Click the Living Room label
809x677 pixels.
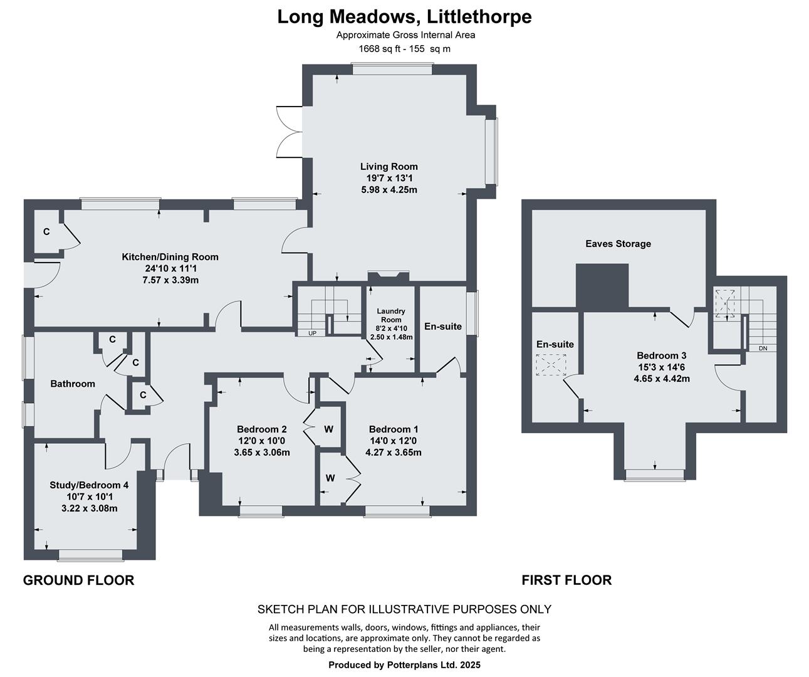pyautogui.click(x=389, y=166)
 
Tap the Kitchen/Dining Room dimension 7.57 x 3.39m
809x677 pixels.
pyautogui.click(x=169, y=280)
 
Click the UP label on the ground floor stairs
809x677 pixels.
pyautogui.click(x=311, y=333)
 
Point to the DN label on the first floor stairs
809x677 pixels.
pyautogui.click(x=763, y=348)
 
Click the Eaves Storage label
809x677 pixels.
pyautogui.click(x=618, y=244)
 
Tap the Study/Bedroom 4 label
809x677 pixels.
pyautogui.click(x=89, y=485)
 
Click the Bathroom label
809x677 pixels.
pyautogui.click(x=73, y=384)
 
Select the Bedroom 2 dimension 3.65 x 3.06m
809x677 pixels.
pyautogui.click(x=261, y=452)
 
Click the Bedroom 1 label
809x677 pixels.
pyautogui.click(x=393, y=429)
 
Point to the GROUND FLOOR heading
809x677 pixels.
pyautogui.click(x=78, y=580)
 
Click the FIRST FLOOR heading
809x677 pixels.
pyautogui.click(x=566, y=580)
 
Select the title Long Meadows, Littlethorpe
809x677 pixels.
pyautogui.click(x=404, y=16)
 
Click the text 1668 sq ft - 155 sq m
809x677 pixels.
pyautogui.click(x=404, y=48)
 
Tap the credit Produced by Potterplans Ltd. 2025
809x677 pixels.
pyautogui.click(x=404, y=664)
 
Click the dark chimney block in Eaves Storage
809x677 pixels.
pyautogui.click(x=602, y=285)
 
